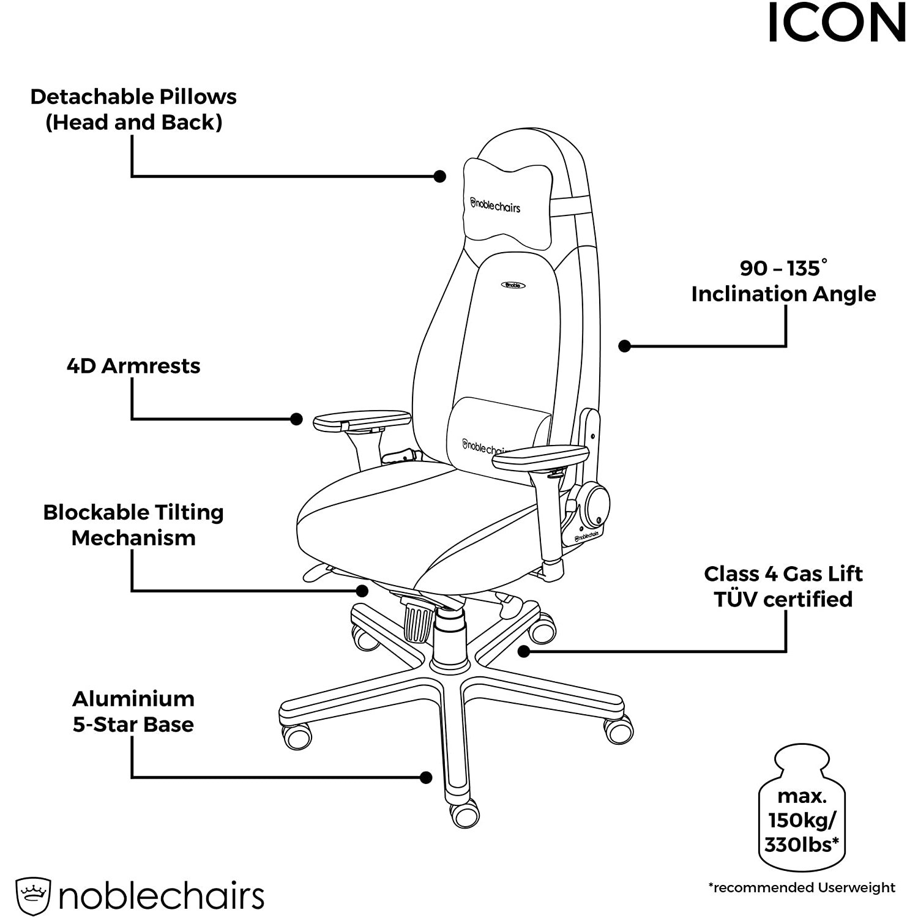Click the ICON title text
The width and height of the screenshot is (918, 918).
(837, 23)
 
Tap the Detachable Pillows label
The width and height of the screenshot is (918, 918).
(133, 110)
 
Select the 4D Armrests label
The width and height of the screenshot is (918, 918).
(133, 366)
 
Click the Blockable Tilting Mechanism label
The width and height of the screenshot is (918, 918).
(133, 525)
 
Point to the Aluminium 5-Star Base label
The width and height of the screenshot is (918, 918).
(133, 711)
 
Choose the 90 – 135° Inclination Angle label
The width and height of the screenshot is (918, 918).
(783, 282)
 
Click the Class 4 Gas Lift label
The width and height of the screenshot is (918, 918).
(783, 586)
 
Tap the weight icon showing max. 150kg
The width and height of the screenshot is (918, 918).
(802, 808)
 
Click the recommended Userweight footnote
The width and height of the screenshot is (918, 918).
(802, 887)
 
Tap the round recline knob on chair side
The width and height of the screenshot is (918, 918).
(594, 506)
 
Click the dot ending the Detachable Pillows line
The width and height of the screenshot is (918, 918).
(439, 176)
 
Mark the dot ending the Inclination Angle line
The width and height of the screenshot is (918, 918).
(624, 346)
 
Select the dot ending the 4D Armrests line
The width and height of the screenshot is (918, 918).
(296, 419)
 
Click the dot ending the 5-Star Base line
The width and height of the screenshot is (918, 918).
(427, 778)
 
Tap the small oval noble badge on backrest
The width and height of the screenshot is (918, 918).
(513, 285)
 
